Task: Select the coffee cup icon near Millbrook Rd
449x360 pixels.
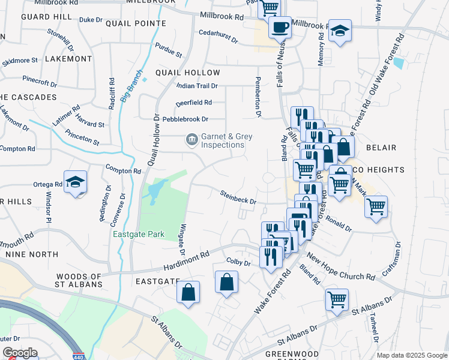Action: (279, 26)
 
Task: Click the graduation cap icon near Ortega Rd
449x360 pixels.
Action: (75, 182)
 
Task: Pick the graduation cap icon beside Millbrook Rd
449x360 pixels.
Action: (340, 31)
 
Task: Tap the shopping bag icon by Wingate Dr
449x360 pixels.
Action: (188, 292)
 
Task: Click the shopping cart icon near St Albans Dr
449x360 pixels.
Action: (337, 298)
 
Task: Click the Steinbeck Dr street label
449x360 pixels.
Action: (238, 197)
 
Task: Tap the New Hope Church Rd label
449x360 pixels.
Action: (339, 271)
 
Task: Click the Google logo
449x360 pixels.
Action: (20, 353)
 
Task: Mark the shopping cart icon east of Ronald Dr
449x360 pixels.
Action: (376, 207)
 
